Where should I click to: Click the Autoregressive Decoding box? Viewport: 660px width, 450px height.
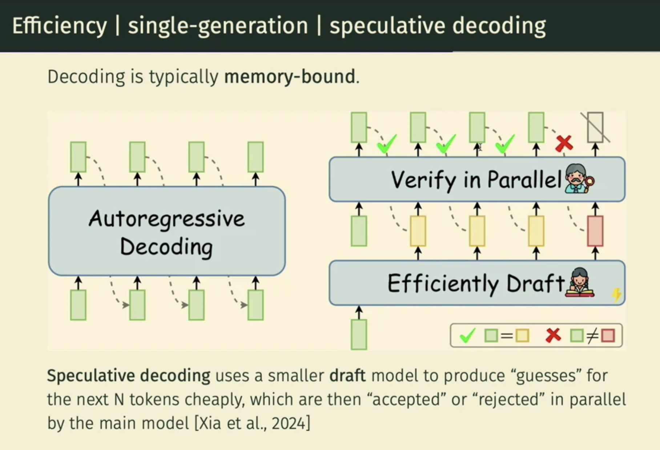coord(166,231)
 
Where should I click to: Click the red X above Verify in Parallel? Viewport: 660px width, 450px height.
coord(564,144)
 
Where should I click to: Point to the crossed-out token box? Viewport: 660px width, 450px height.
coord(595,128)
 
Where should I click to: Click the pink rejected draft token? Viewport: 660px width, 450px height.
coord(595,231)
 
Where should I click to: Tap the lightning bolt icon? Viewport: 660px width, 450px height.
coord(616,294)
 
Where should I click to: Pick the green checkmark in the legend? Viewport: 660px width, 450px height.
coord(467,335)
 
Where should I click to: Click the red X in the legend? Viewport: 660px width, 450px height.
coord(553,335)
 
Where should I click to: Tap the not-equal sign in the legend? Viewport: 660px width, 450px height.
coord(592,336)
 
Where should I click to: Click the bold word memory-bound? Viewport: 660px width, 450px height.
coord(289,77)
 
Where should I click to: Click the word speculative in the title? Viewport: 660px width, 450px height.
coord(386,26)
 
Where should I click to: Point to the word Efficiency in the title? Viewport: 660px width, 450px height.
coord(60,26)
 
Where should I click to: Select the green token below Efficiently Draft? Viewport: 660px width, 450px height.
coord(359,334)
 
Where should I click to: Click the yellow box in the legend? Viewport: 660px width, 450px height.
coord(522,336)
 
